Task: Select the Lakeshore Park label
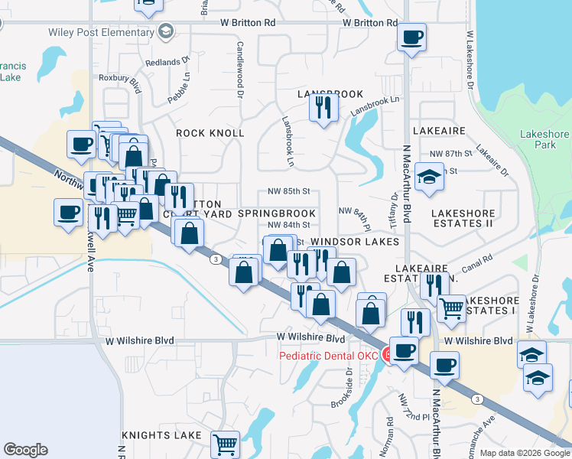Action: (544, 138)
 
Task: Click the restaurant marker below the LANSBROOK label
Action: (324, 107)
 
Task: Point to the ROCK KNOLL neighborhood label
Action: (210, 133)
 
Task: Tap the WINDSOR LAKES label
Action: (355, 242)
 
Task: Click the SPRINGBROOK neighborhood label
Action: (277, 213)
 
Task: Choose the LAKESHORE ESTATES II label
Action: (463, 219)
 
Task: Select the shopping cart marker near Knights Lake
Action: (225, 444)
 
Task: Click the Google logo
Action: (25, 450)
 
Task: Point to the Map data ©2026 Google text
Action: (524, 453)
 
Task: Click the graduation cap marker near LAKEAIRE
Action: (430, 178)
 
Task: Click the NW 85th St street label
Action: (288, 191)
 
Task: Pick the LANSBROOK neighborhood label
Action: (330, 94)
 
